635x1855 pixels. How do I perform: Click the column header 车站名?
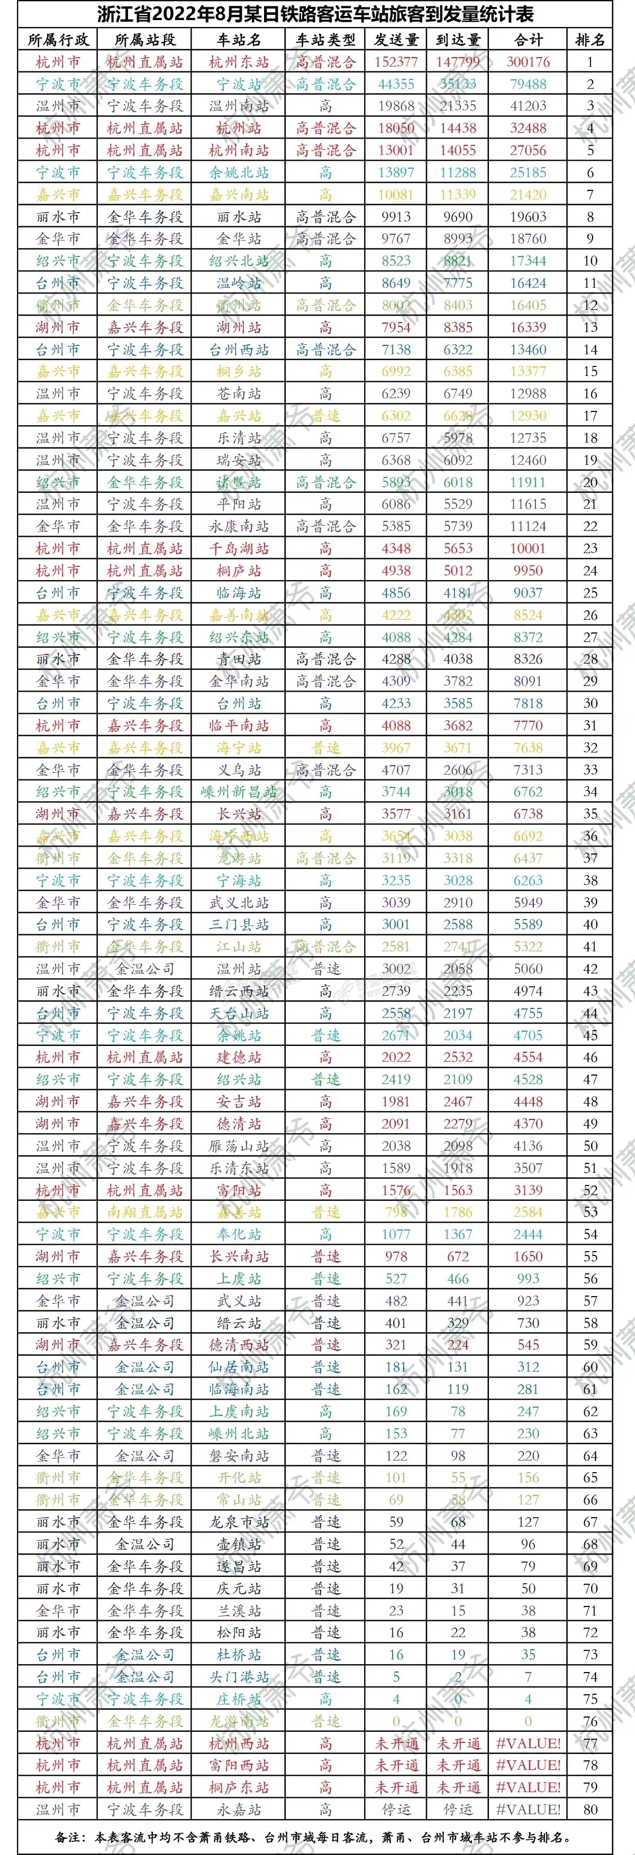239,40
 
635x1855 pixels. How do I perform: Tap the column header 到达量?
458,40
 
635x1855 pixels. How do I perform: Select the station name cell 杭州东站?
239,62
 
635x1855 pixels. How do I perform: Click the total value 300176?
528,62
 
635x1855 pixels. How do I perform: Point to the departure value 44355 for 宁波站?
396,84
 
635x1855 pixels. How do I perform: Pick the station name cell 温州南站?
239,106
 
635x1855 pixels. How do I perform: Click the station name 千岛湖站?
239,549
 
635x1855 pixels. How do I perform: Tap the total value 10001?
528,549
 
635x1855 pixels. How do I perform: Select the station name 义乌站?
239,770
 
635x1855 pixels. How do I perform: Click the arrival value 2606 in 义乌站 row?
458,770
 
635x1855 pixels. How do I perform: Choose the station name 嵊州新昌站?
239,792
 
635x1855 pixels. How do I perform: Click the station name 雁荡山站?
239,1146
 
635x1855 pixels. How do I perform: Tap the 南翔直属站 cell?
145,1212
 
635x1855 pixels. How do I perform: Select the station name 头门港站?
239,1677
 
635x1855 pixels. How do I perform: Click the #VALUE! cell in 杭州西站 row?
528,1743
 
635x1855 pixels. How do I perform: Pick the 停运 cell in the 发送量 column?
396,1810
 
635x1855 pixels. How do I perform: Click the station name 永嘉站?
239,1810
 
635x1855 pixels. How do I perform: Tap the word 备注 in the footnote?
69,1837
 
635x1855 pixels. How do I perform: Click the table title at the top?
316,14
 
